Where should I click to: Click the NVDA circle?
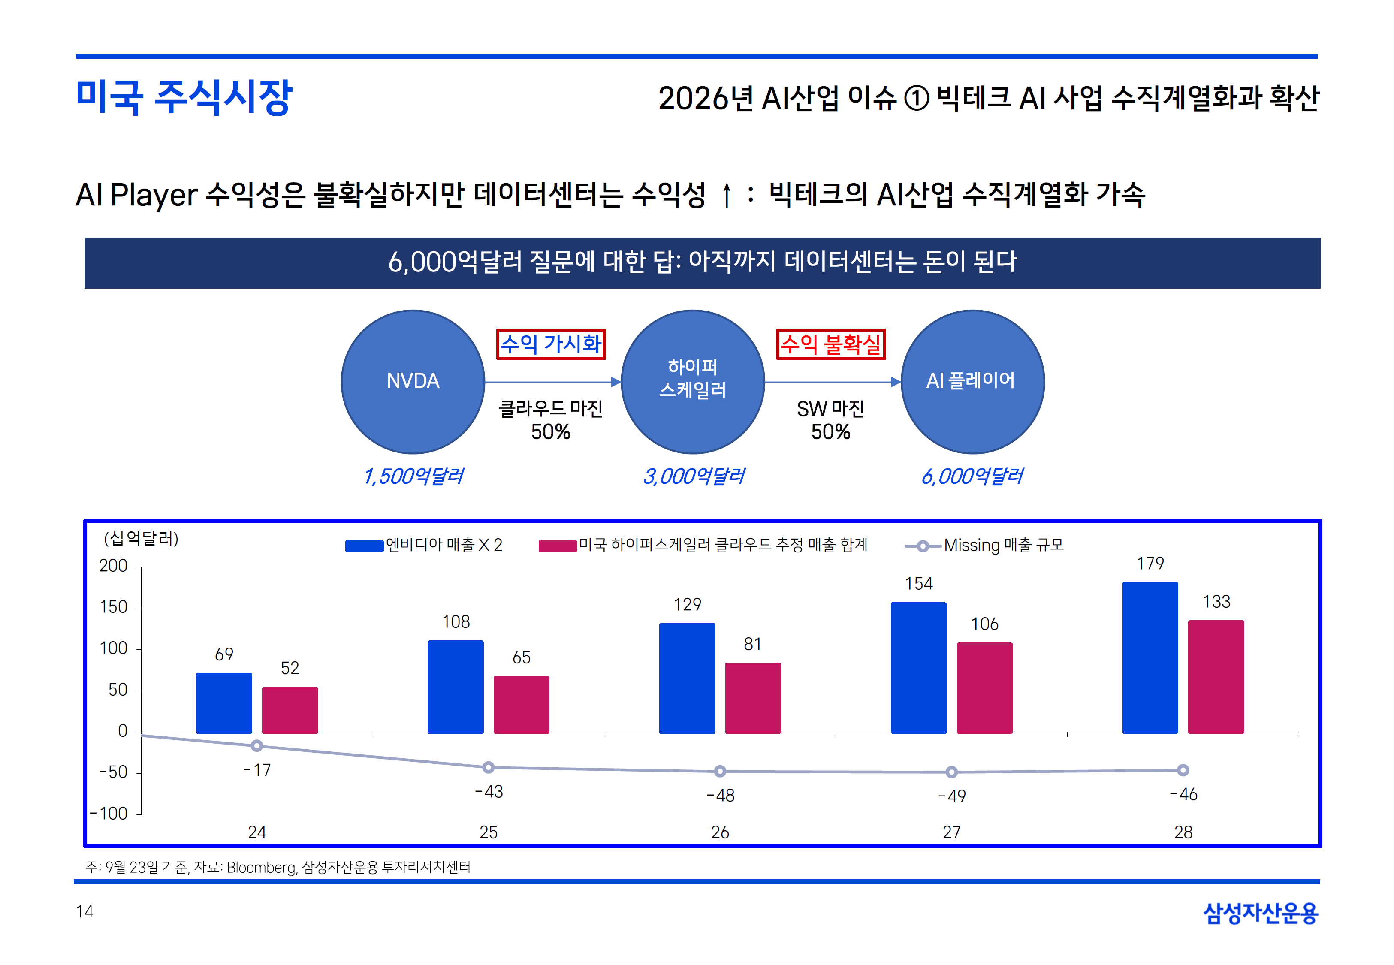(x=413, y=382)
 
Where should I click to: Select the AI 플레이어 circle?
(x=972, y=382)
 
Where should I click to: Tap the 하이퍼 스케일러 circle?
(x=693, y=382)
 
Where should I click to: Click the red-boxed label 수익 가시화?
(x=551, y=344)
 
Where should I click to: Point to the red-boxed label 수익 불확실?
(x=830, y=344)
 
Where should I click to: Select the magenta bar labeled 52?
(x=290, y=710)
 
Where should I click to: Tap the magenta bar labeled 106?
(x=984, y=688)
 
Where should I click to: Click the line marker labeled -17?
(x=257, y=745)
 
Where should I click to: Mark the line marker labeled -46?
(x=1183, y=770)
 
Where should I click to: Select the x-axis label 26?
(x=719, y=832)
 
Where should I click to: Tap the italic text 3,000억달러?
(x=693, y=476)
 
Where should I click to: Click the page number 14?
(x=84, y=911)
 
